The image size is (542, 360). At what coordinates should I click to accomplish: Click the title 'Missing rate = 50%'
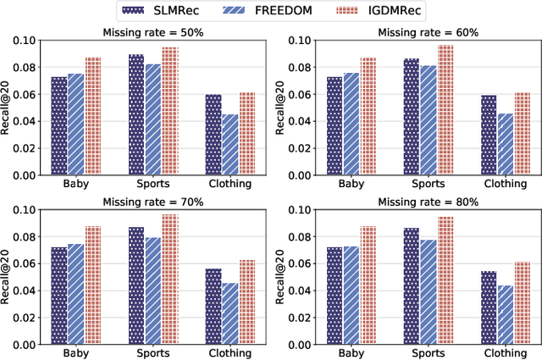point(152,33)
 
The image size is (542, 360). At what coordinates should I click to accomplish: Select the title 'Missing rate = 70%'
point(152,202)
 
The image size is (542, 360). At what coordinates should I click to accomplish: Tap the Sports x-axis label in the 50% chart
point(153,184)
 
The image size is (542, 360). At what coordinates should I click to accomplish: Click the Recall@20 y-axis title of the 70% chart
point(8,277)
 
